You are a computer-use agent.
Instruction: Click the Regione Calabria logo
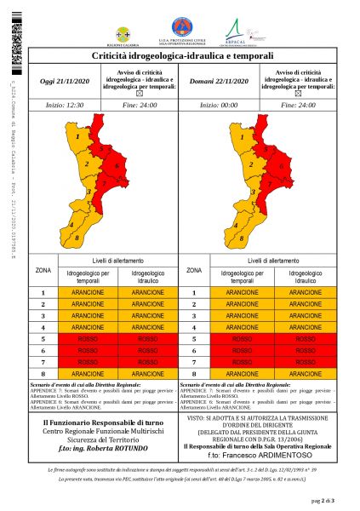pos(127,31)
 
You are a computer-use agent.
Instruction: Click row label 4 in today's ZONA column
pos(44,327)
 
